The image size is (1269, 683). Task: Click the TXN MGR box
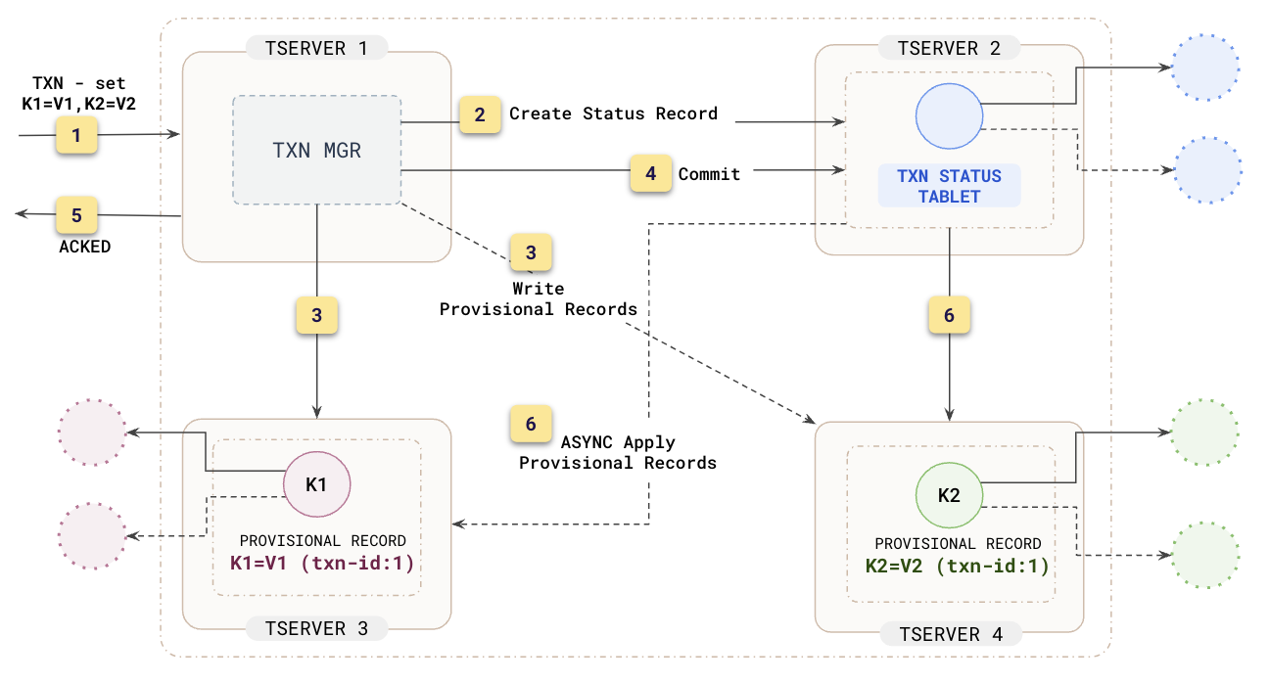coord(317,150)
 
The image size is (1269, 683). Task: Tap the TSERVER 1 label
coord(316,47)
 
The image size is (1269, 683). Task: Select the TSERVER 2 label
coord(949,47)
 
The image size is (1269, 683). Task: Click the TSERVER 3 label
coord(316,628)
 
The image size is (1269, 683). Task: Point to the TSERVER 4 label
coord(949,634)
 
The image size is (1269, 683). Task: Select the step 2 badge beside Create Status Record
coord(480,114)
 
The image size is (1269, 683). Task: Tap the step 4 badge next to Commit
coord(650,173)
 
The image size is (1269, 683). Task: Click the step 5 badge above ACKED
coord(76,215)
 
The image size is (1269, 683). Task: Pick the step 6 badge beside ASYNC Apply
coord(531,424)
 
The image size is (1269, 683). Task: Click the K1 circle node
coord(316,484)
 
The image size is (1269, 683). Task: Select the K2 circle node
coord(949,495)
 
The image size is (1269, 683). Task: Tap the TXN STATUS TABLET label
coord(949,186)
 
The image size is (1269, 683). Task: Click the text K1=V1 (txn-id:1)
coord(322,563)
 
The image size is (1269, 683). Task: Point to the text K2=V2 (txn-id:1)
coord(957,566)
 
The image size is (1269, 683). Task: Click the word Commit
coord(709,174)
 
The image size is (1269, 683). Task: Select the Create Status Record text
coord(613,114)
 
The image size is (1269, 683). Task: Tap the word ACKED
coord(85,247)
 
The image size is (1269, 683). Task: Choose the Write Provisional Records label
coord(539,299)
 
